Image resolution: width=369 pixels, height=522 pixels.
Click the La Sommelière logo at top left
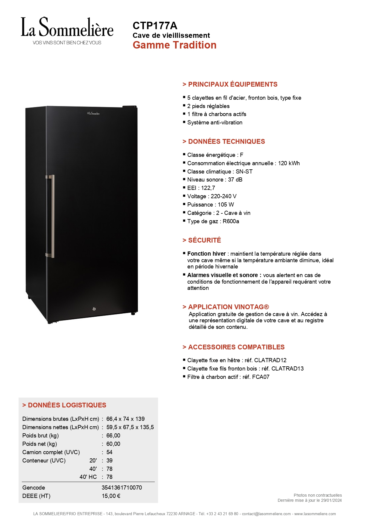(x=67, y=31)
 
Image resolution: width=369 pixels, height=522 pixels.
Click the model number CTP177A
(x=155, y=26)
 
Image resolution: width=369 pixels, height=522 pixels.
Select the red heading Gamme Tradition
(x=175, y=45)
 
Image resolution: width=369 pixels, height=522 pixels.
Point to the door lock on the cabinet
(x=94, y=309)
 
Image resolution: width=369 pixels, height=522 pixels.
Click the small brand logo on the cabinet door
(x=93, y=113)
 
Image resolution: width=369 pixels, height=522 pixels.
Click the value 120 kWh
(x=289, y=163)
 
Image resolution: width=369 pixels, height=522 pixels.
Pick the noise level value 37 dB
(x=235, y=180)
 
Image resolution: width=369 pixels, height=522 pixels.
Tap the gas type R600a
(x=231, y=221)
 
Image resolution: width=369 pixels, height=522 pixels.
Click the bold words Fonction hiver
(x=206, y=254)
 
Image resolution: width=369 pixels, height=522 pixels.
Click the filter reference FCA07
(x=261, y=377)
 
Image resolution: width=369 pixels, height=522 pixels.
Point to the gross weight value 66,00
(x=113, y=436)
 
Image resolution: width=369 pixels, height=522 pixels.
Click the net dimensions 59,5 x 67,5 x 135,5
(x=130, y=427)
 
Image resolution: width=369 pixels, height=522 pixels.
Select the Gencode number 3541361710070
(x=122, y=488)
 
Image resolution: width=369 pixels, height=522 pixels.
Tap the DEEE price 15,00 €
(x=111, y=496)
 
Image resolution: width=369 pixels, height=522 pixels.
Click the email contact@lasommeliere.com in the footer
(x=266, y=514)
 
